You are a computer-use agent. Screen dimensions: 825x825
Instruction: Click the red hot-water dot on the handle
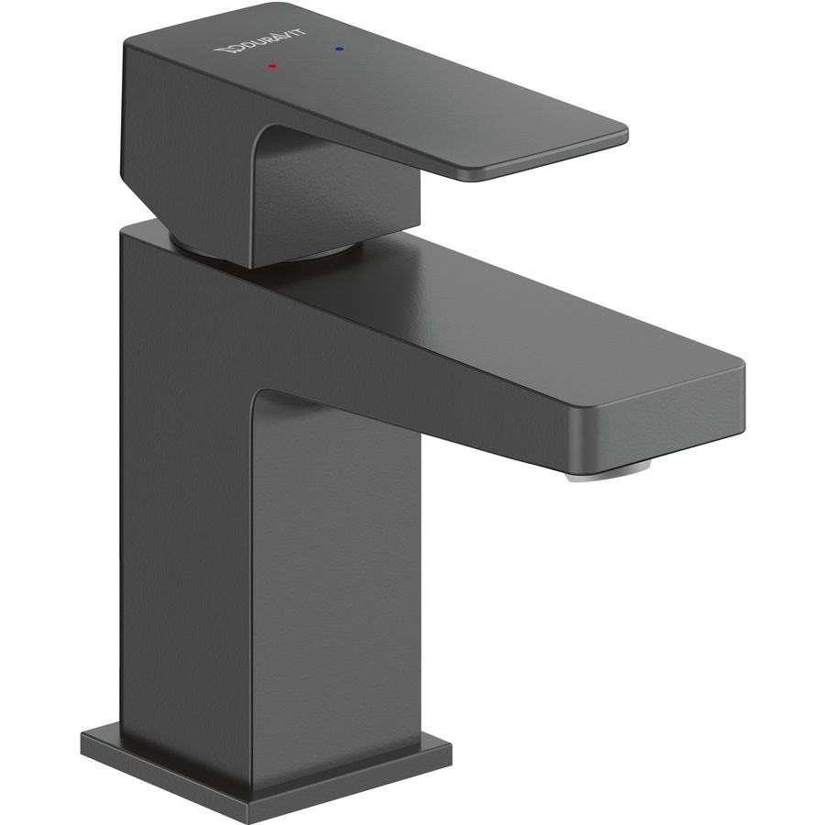click(271, 66)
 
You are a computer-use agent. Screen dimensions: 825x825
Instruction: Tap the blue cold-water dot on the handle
click(339, 49)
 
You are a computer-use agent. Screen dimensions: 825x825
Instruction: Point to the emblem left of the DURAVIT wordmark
click(223, 50)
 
